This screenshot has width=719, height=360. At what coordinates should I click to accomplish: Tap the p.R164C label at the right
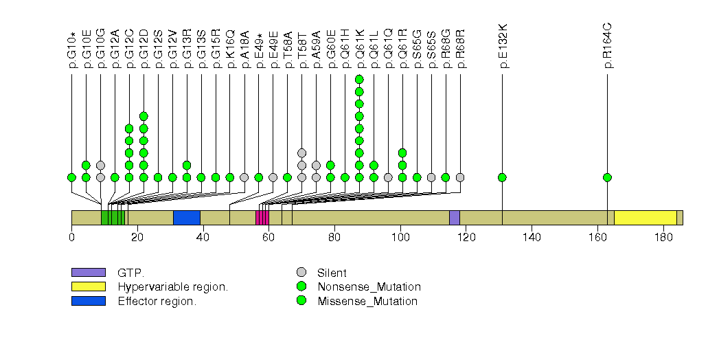point(608,46)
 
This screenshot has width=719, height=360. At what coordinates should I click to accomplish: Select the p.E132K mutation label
point(503,46)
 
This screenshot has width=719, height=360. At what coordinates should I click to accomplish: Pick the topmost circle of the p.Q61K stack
point(359,79)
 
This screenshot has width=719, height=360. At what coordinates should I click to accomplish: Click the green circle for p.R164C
point(607,177)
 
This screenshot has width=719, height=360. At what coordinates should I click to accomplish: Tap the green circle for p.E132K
point(502,177)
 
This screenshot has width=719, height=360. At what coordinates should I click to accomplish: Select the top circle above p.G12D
point(144,116)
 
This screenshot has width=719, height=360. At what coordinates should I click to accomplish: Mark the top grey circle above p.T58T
point(301,153)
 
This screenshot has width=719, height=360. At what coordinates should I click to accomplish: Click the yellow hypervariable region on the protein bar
point(645,217)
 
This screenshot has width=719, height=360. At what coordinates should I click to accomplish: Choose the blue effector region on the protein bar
point(186,217)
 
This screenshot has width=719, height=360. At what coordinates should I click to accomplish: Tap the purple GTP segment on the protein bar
point(454,217)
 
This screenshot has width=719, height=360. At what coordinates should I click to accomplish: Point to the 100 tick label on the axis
point(400,238)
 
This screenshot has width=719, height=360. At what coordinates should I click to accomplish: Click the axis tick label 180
point(663,238)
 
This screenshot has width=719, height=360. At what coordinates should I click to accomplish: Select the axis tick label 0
point(71,238)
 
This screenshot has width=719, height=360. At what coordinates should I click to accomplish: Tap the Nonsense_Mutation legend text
point(369,286)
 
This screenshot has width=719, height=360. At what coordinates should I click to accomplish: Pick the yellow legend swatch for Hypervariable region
point(88,286)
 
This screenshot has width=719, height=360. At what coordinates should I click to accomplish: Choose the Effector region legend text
point(157,301)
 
